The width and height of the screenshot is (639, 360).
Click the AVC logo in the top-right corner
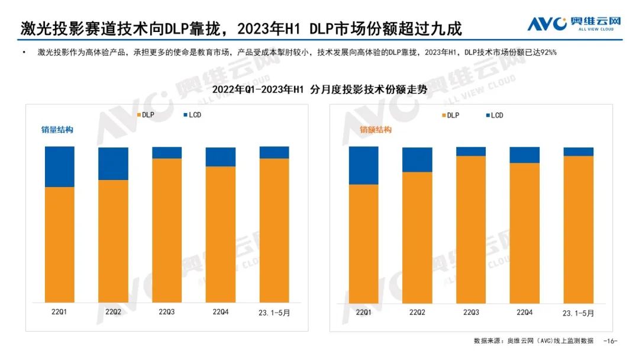coord(574,24)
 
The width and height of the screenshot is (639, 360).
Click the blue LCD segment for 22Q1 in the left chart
coord(60,166)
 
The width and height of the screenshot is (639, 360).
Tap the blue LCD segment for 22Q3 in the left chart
coord(167,153)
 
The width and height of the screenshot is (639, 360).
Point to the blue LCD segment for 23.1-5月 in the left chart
coord(274,153)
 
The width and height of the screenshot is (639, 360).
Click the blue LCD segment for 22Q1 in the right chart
coord(363,166)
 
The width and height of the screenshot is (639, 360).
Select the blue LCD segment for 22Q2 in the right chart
coord(417,160)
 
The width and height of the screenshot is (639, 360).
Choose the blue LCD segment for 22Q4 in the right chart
coord(524,155)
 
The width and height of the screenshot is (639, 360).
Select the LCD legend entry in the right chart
coord(493,115)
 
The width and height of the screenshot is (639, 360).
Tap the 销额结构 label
coord(376,130)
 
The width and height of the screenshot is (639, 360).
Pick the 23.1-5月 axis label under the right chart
coord(579,313)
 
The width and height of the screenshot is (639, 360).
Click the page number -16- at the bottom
coord(610,341)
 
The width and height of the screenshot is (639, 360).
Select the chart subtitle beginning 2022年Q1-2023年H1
coord(319,90)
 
